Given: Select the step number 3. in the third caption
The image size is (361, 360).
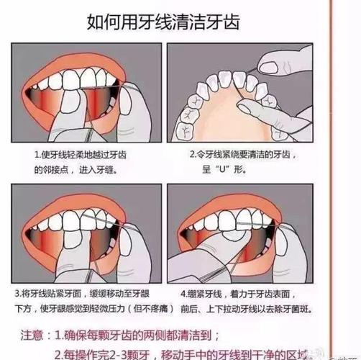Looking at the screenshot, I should tap(38, 292).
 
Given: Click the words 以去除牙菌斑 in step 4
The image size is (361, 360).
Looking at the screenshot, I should tap(293, 308).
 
